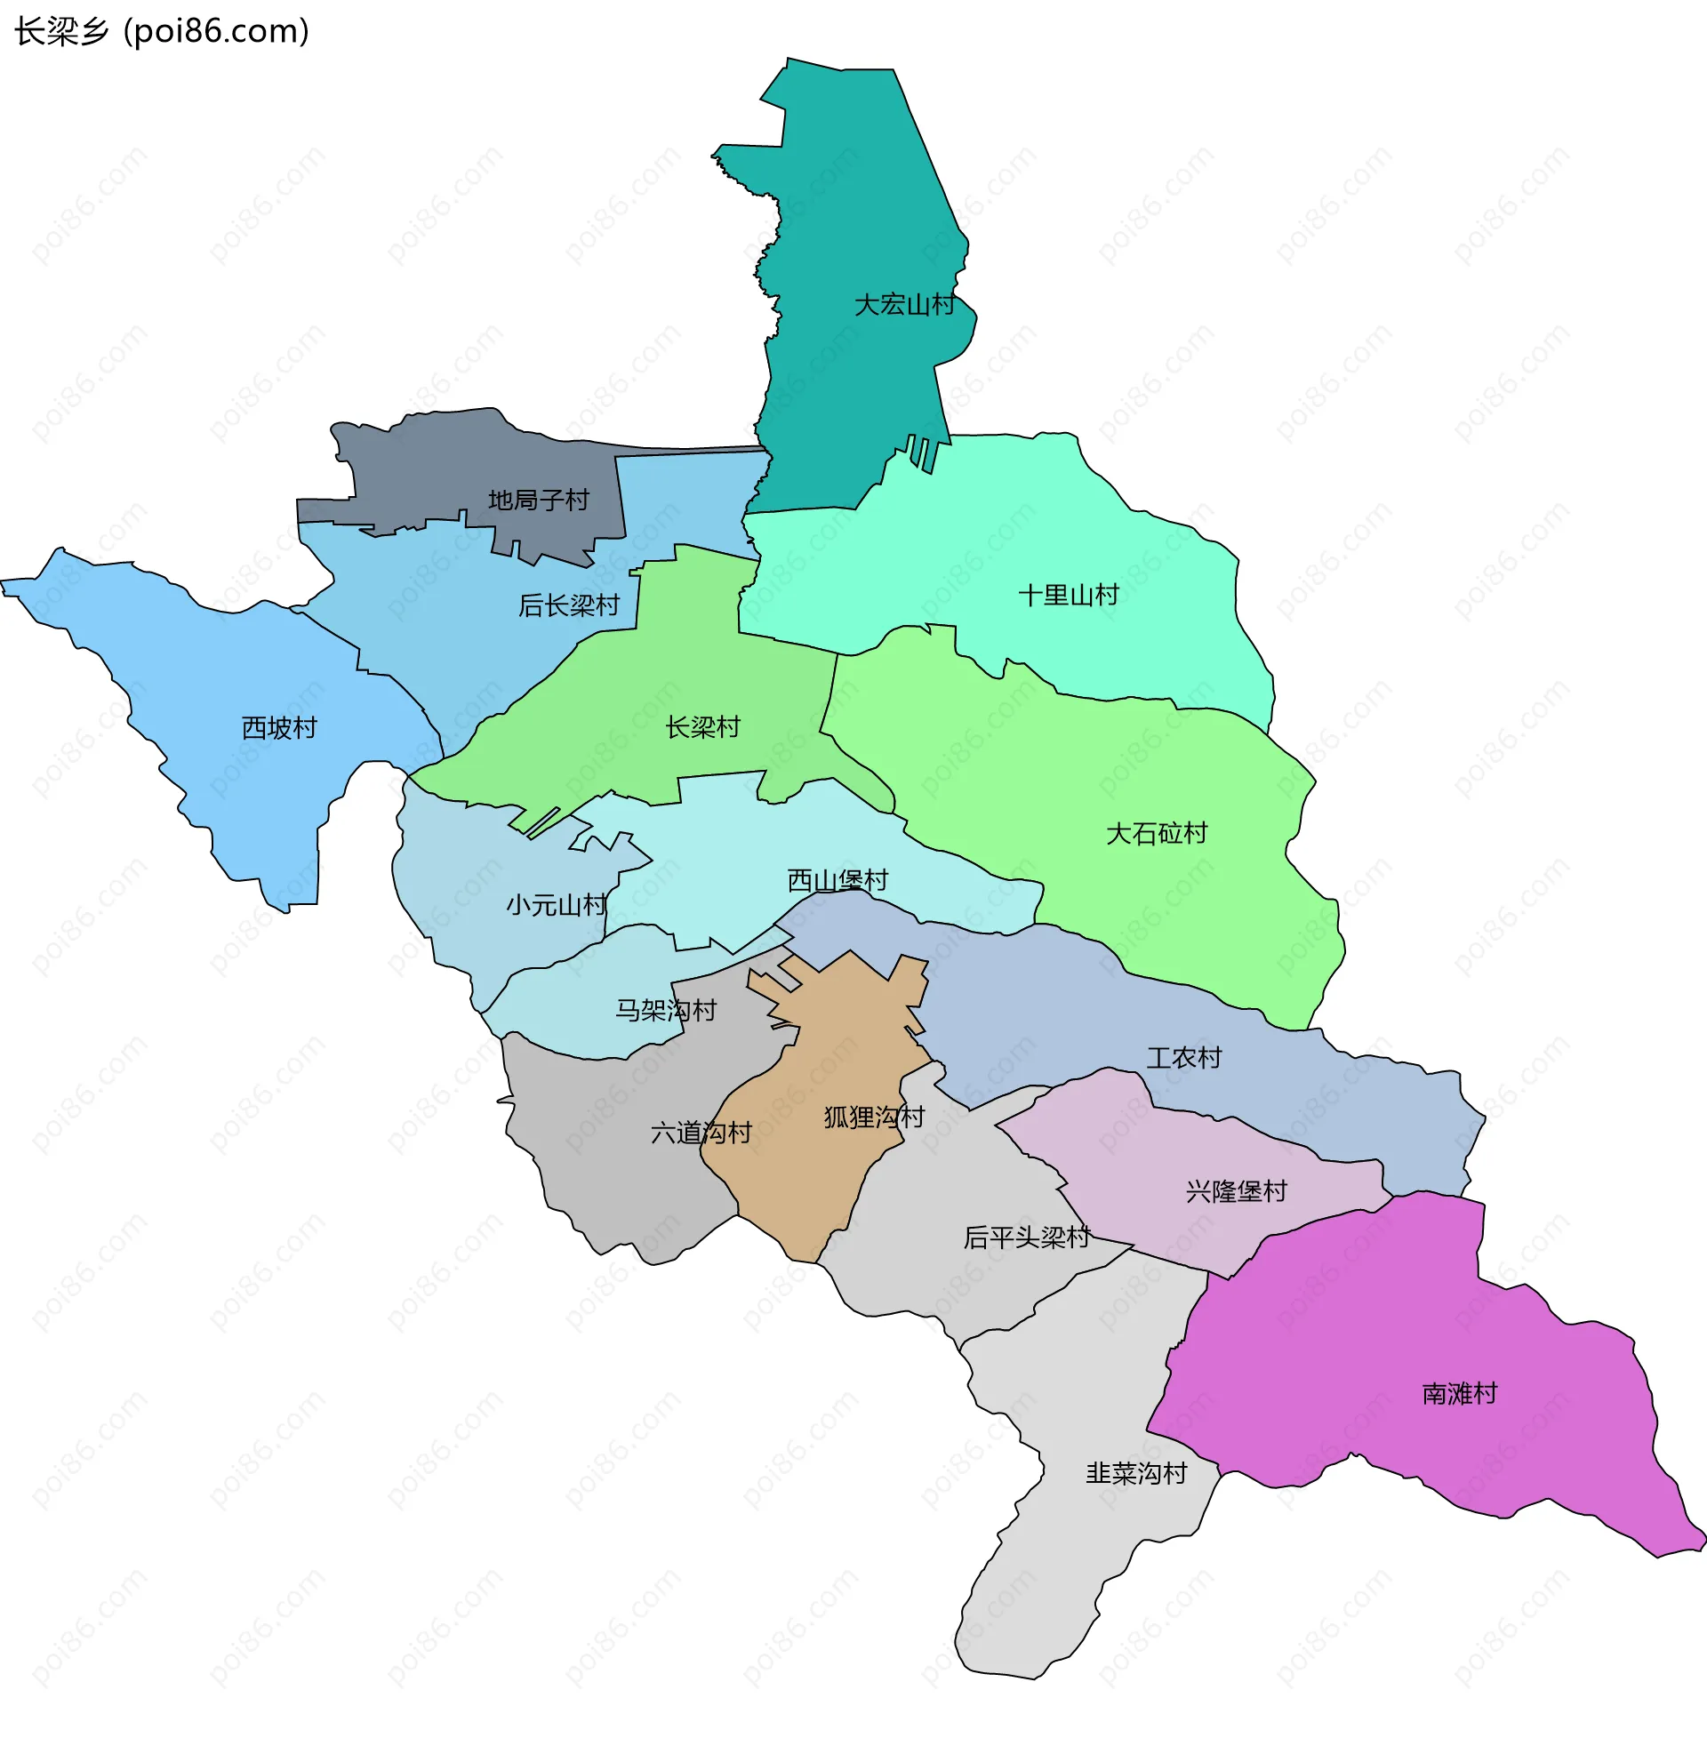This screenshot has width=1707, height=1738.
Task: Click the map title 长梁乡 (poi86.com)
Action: (x=162, y=31)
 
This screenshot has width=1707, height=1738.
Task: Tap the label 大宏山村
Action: (x=903, y=305)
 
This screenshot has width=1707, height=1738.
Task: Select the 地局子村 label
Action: (x=538, y=501)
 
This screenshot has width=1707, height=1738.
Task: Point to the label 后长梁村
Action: (x=568, y=606)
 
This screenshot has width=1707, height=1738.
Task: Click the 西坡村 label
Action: (x=279, y=728)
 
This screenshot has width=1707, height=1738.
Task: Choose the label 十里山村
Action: (x=1068, y=595)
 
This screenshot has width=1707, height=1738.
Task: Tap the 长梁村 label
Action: (x=702, y=727)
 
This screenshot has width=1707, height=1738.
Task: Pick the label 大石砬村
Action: (x=1156, y=834)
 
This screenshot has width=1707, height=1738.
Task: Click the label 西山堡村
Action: (x=837, y=880)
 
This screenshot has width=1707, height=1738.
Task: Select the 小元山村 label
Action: (x=556, y=905)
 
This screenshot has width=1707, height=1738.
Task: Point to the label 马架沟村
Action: (x=665, y=1011)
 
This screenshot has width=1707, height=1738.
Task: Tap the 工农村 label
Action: (x=1183, y=1059)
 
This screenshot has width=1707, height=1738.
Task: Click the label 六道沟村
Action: (x=701, y=1133)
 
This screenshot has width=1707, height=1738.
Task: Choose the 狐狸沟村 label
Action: (x=873, y=1117)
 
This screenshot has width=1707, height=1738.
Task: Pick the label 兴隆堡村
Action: (x=1236, y=1191)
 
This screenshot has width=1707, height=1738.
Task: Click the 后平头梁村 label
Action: (x=1026, y=1237)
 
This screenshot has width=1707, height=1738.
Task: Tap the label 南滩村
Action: (x=1459, y=1394)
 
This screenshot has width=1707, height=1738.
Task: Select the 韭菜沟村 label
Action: (x=1136, y=1474)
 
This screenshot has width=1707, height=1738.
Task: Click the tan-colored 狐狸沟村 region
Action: (x=807, y=1183)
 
